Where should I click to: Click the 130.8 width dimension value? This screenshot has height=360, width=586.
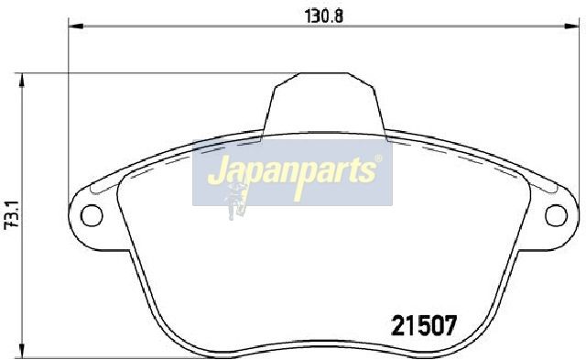coord(324,16)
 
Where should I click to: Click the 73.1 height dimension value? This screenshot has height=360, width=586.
coord(11,214)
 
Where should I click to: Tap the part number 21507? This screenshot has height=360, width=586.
coord(424,325)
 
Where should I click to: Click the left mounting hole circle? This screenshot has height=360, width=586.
coord(92,215)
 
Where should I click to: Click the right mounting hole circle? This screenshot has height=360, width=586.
coord(557,215)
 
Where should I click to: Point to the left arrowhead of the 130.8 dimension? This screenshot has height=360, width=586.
coord(76,26)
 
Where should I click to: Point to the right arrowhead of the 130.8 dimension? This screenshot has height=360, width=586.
coord(571,26)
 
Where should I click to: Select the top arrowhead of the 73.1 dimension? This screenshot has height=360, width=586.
coord(22,80)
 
